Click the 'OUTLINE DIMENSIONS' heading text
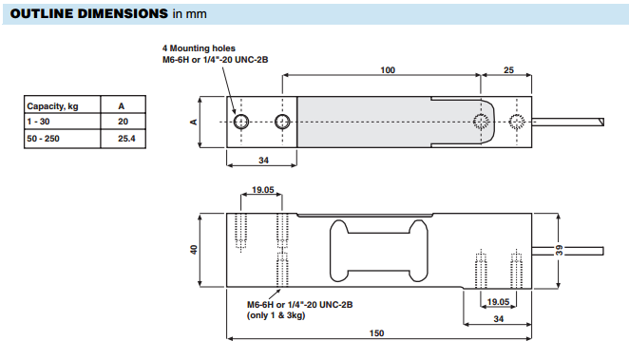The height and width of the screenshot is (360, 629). point(89,13)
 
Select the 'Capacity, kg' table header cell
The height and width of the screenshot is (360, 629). point(62,104)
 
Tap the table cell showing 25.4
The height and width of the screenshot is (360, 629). point(124,139)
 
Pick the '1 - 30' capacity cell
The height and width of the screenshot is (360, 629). point(62,121)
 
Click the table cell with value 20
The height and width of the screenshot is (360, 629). point(124,121)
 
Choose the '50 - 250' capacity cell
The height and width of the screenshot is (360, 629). point(62,139)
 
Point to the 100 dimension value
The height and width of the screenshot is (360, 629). point(388,70)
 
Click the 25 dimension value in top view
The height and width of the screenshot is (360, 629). point(508,70)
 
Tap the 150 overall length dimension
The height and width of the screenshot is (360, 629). point(376,333)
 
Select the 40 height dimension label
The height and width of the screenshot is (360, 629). point(194,250)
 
